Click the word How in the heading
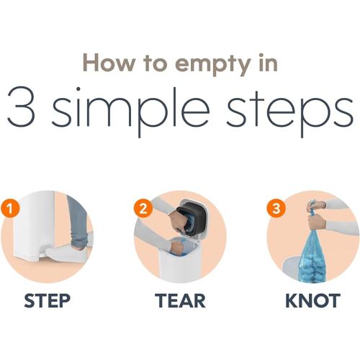[109, 63]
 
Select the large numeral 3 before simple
[22, 107]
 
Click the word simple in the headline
[131, 110]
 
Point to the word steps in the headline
[290, 110]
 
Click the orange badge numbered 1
[10, 208]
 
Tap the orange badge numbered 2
[143, 208]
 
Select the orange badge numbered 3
[276, 208]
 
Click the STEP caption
[48, 300]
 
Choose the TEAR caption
[180, 300]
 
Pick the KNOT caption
[313, 300]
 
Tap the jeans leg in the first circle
[78, 222]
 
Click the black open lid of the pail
[192, 217]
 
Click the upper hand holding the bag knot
[316, 206]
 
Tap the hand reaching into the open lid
[177, 221]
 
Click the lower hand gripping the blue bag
[317, 222]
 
